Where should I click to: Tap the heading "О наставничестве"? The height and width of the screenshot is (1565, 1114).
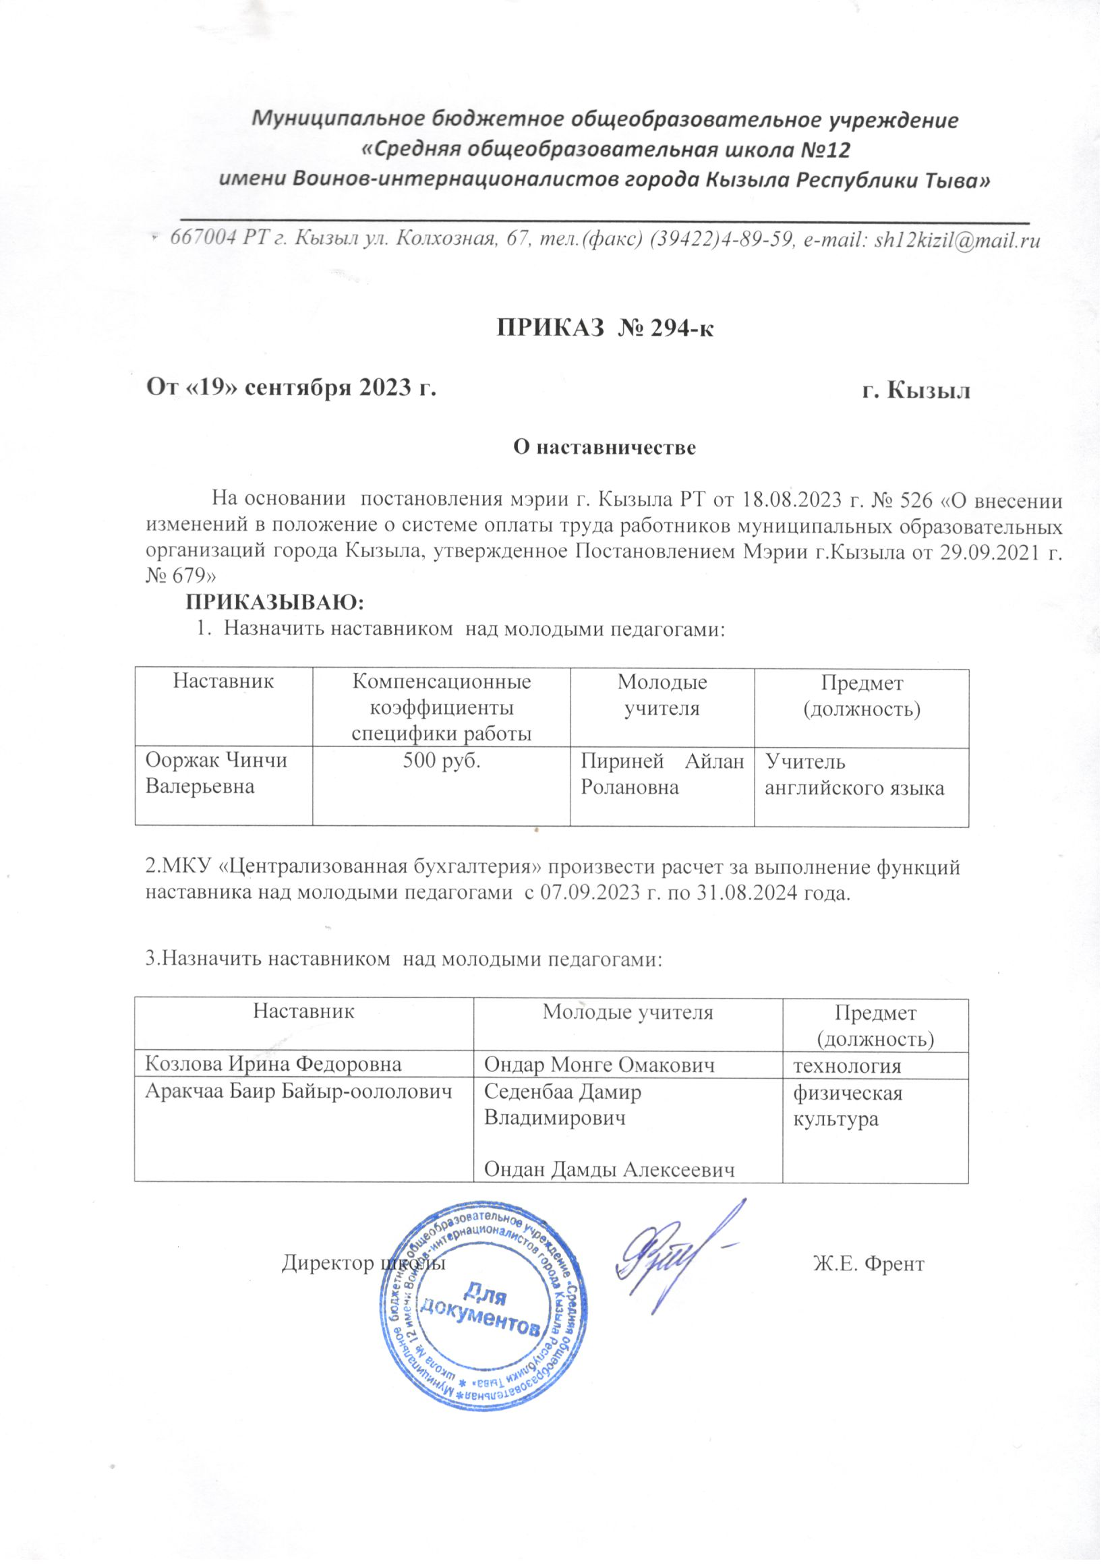(605, 448)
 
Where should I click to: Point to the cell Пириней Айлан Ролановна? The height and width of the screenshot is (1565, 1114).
(662, 773)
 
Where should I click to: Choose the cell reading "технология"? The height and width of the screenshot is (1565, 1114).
(846, 1065)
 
